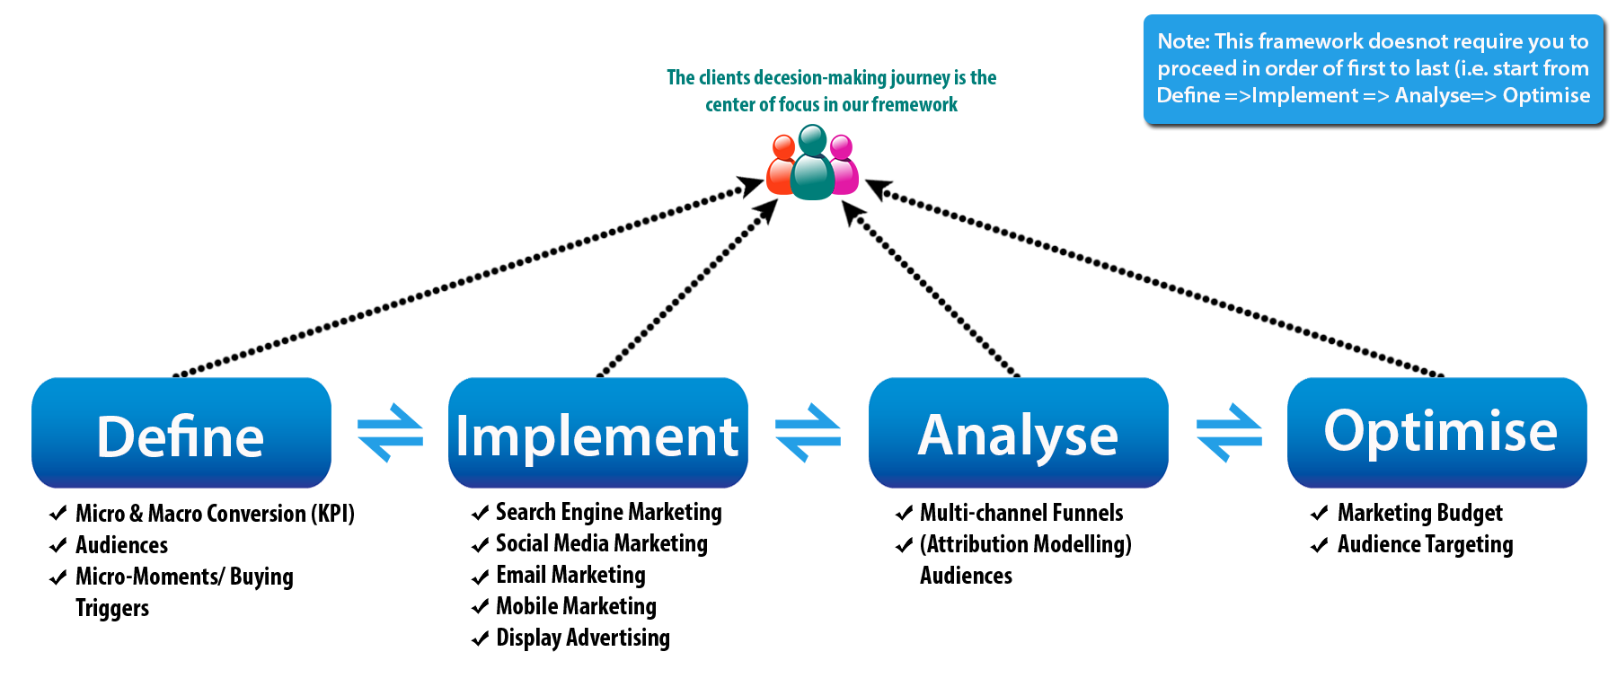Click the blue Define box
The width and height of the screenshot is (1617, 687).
[181, 433]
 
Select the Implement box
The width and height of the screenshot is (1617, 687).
[598, 433]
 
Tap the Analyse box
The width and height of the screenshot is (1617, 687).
[1019, 433]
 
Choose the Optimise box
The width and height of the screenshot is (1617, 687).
[1437, 433]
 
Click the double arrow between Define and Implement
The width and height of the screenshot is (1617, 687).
[390, 433]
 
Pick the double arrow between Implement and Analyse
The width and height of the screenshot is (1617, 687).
[808, 433]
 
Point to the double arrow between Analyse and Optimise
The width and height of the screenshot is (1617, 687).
[1229, 433]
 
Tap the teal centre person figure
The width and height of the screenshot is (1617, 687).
[813, 163]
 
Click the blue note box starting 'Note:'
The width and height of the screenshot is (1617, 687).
[1374, 69]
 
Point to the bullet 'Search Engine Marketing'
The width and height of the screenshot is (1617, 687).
[596, 512]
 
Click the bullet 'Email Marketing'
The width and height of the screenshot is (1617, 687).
[559, 575]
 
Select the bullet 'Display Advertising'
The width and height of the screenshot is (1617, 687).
[571, 638]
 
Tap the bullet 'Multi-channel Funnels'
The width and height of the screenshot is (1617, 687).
[1010, 513]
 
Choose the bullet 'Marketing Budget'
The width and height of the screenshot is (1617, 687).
[1407, 513]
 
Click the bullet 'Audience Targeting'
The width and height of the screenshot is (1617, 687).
[1412, 544]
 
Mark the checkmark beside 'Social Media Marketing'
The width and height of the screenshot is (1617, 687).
[481, 545]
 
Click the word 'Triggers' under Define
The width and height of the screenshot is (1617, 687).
[112, 609]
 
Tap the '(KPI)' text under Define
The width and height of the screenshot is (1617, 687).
[332, 514]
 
